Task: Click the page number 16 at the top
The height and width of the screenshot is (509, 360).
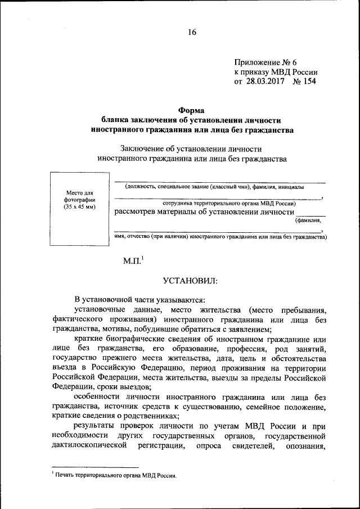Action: click(x=192, y=33)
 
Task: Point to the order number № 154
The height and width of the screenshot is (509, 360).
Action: click(x=304, y=82)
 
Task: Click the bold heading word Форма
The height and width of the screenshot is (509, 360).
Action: click(x=192, y=110)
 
